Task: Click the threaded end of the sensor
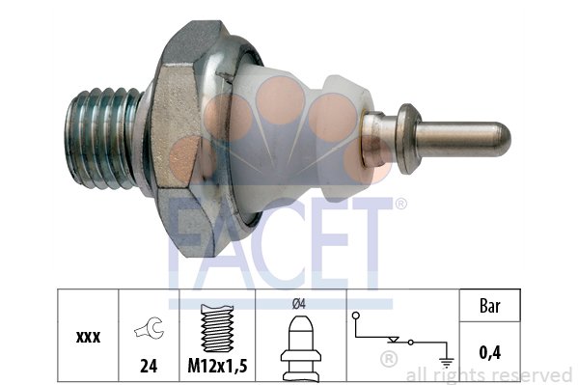coord(103,138)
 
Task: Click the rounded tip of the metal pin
coord(502,140)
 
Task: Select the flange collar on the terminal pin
coord(408,139)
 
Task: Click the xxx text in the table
coord(88,337)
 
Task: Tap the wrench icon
coord(150,327)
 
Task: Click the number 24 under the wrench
coord(149,366)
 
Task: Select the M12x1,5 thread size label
coord(217,366)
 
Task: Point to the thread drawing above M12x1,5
coord(217,328)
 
